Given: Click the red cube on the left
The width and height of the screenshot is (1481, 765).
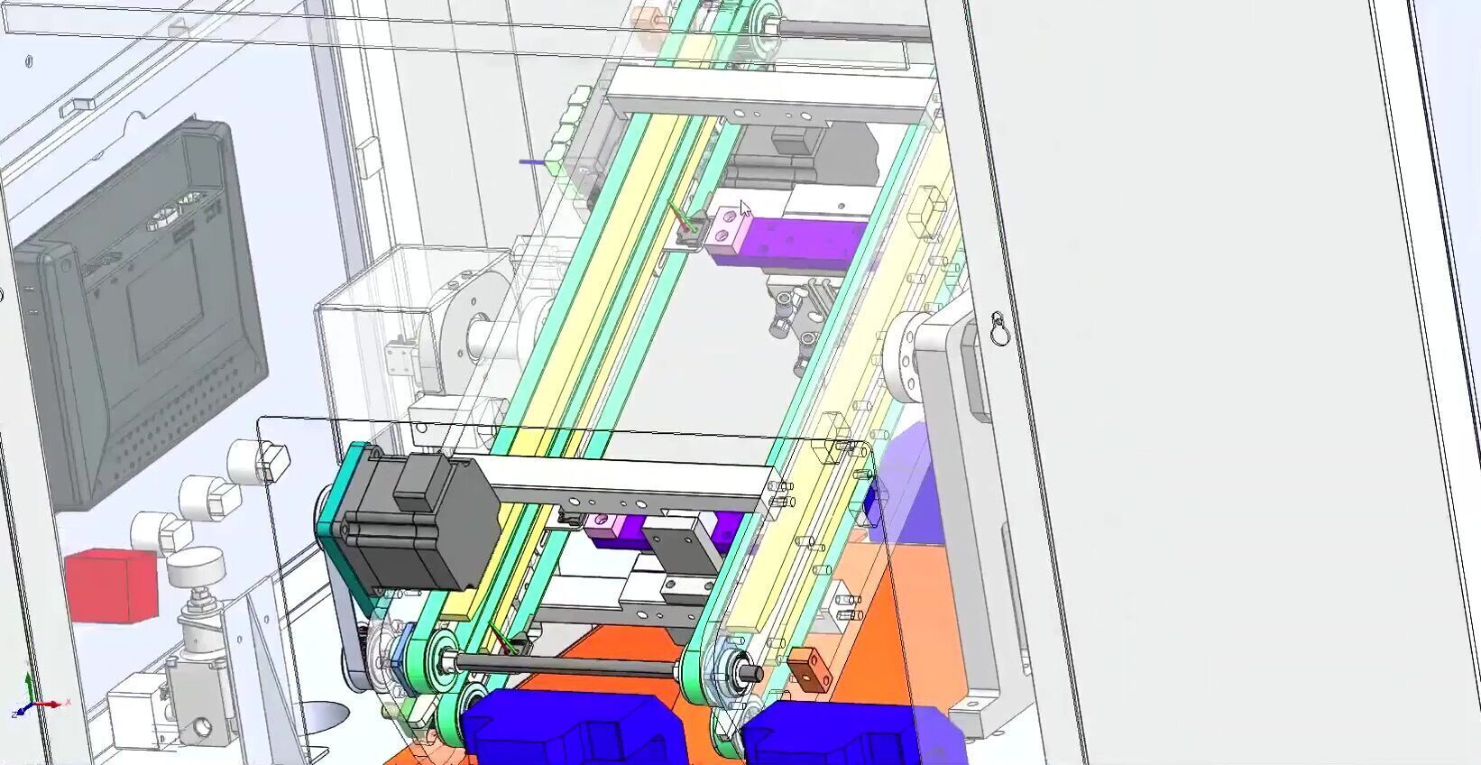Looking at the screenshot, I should point(111,586).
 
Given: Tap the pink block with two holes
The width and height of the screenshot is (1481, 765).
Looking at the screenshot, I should point(727,227).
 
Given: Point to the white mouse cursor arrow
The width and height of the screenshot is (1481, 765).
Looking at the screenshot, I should point(745,210).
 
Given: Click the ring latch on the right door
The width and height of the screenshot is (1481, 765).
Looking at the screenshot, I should point(998,329).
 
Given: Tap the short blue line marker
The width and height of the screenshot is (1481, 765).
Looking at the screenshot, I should point(532,162).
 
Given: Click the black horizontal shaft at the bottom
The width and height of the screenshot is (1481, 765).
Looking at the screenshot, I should point(568,668).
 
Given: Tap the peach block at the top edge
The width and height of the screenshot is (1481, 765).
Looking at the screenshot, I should point(646,19).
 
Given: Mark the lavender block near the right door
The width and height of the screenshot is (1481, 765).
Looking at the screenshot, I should point(906,487).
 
